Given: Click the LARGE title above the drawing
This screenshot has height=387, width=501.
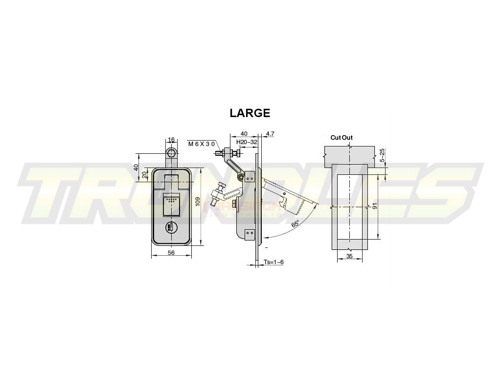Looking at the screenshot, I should pyautogui.click(x=250, y=113).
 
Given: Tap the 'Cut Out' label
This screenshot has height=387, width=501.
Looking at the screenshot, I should pyautogui.click(x=341, y=138).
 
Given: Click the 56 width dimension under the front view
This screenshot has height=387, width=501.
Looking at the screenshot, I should pyautogui.click(x=171, y=253).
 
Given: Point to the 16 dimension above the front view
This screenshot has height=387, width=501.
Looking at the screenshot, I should pyautogui.click(x=171, y=140).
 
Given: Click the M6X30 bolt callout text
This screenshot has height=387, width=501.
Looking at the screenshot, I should pyautogui.click(x=202, y=144).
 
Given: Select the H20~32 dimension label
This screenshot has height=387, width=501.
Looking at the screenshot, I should pyautogui.click(x=247, y=142).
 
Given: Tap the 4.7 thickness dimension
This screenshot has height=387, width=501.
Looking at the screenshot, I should pyautogui.click(x=270, y=133).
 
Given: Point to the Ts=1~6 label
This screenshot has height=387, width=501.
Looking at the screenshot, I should pyautogui.click(x=273, y=262).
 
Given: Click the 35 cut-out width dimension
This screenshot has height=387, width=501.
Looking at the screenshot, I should pyautogui.click(x=349, y=256).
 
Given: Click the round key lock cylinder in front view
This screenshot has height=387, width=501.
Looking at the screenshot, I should pyautogui.click(x=171, y=227).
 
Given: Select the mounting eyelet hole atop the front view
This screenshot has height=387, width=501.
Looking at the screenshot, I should pyautogui.click(x=171, y=151).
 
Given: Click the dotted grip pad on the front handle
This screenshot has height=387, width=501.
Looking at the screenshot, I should pyautogui.click(x=171, y=200).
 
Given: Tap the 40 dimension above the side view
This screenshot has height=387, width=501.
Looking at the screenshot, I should pyautogui.click(x=244, y=133).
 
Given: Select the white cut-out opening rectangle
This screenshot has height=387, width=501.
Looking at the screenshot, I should pyautogui.click(x=349, y=206).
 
